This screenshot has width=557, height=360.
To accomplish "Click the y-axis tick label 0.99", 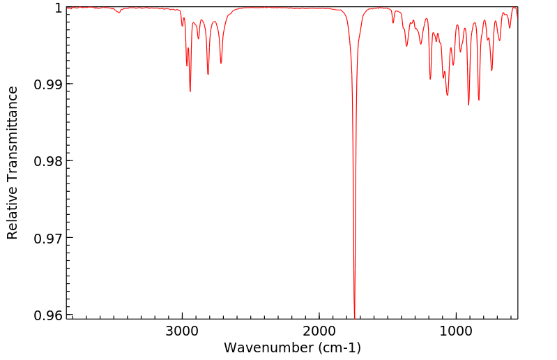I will coord(47,84).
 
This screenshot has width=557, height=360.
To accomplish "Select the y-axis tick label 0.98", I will coord(47,161).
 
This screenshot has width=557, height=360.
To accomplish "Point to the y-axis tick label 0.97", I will coord(47,238).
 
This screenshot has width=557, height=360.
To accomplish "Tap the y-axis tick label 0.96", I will coord(47,315).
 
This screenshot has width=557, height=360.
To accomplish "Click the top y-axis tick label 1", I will coord(59,8).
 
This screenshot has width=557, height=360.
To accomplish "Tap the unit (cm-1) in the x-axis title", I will coord(337,347).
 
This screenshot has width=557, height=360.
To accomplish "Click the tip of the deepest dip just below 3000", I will coord(190,91).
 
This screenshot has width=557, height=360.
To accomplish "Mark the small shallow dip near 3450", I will coord(119,13).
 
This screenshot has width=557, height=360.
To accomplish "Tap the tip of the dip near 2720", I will coord(221,63).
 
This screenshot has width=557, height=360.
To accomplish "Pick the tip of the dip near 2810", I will coord(208,75).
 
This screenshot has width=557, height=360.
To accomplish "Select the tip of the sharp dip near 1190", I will coord(430,79).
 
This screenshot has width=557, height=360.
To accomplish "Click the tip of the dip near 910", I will coord(468,105).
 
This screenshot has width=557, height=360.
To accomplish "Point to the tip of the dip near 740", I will coord(491,70).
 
